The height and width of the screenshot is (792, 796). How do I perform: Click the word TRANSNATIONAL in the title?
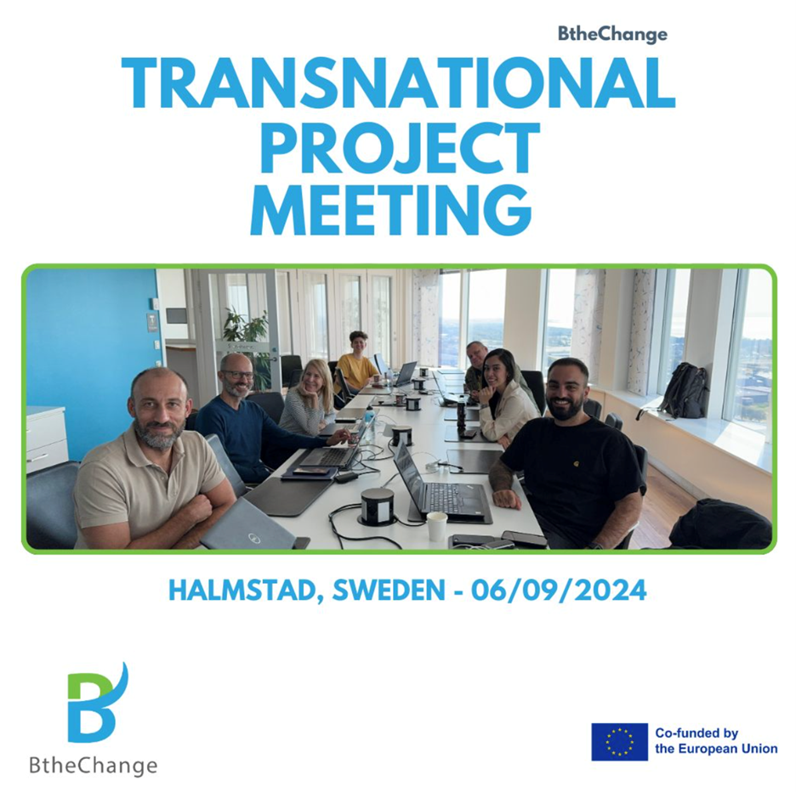pyautogui.click(x=399, y=82)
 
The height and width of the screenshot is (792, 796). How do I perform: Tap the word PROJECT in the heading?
pyautogui.click(x=399, y=146)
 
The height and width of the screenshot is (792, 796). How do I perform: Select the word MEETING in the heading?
pyautogui.click(x=391, y=210)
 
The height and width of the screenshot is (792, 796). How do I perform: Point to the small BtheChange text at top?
pyautogui.click(x=613, y=35)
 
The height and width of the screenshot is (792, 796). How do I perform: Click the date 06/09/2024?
pyautogui.click(x=559, y=590)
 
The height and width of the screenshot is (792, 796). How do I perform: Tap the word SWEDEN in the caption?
pyautogui.click(x=389, y=590)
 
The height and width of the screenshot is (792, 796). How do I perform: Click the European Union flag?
pyautogui.click(x=619, y=742)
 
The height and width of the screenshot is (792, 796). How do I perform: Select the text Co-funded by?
pyautogui.click(x=696, y=733)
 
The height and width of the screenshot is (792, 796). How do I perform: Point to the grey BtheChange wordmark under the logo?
pyautogui.click(x=94, y=765)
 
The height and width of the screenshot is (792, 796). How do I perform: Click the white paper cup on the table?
pyautogui.click(x=436, y=526)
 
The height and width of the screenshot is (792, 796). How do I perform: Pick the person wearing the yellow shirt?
pyautogui.click(x=357, y=362)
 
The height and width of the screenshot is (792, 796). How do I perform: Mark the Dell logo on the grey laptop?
pyautogui.click(x=253, y=537)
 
